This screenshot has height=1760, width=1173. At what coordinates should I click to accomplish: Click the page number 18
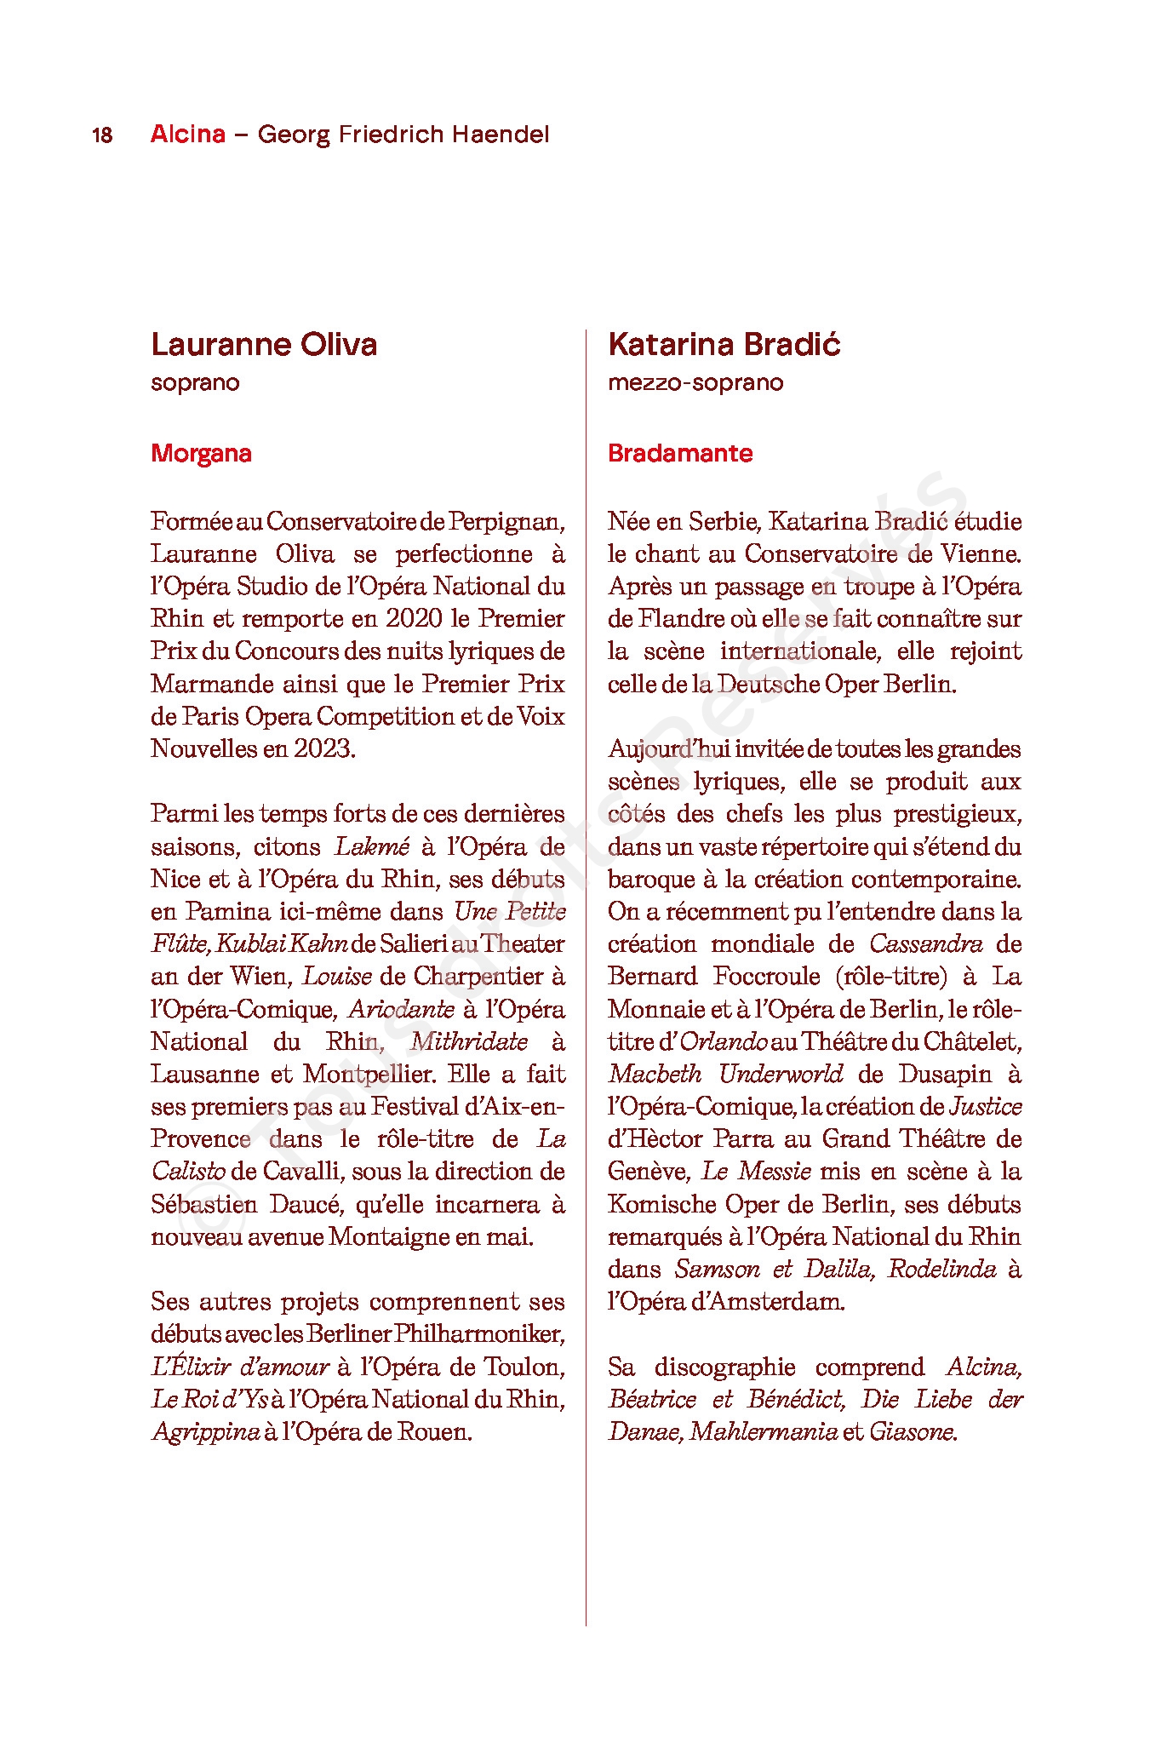tap(102, 135)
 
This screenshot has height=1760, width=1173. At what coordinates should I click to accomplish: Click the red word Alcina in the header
tap(188, 135)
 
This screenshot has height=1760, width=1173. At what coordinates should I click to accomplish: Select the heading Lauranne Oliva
tap(264, 345)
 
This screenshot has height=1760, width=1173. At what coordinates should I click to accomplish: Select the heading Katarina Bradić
tap(724, 345)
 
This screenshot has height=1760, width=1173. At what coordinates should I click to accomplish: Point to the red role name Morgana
tap(201, 453)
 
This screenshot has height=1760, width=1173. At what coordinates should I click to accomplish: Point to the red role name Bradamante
tap(680, 453)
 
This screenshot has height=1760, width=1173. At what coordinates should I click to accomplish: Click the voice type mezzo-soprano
tap(695, 382)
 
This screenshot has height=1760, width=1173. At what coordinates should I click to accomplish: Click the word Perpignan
tap(506, 521)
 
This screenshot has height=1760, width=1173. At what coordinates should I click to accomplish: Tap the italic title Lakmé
tap(372, 846)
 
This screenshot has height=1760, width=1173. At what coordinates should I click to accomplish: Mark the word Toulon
tap(524, 1367)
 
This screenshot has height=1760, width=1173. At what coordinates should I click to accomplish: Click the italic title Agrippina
tap(205, 1431)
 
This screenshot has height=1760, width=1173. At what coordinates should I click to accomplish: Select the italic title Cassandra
tap(925, 943)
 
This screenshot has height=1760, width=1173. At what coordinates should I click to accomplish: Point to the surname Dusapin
tap(945, 1074)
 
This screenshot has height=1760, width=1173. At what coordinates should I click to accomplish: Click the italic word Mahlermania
tap(763, 1431)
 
